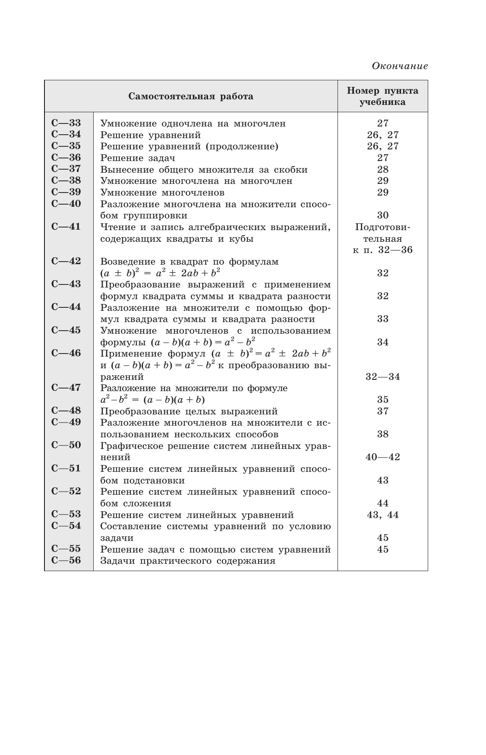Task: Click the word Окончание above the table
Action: [x=400, y=66]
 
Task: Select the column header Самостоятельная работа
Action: [x=191, y=96]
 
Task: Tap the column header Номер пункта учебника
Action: [x=382, y=96]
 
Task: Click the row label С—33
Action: [x=66, y=123]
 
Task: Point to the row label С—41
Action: [x=66, y=227]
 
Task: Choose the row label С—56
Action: [x=66, y=561]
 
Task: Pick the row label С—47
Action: [x=66, y=388]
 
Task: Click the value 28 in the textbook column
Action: [x=382, y=169]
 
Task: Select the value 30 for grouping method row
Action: [x=382, y=215]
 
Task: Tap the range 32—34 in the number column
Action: [x=382, y=377]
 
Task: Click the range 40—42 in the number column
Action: [x=382, y=457]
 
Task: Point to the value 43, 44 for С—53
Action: [x=382, y=515]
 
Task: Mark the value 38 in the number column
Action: [x=382, y=434]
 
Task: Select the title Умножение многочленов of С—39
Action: [x=162, y=193]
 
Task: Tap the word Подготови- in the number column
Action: [x=382, y=227]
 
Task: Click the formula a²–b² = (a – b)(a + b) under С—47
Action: [x=152, y=399]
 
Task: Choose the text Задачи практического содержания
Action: [x=188, y=561]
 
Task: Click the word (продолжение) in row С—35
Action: [x=242, y=146]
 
